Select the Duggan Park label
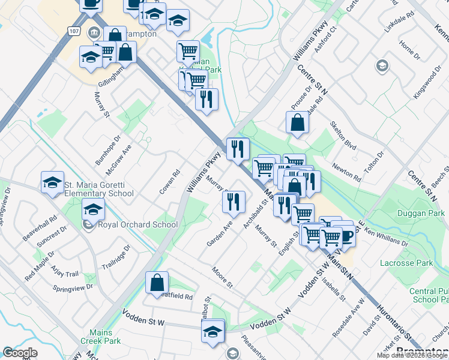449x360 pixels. [421, 214]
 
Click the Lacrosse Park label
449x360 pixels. [406, 263]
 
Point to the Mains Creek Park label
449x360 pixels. [97, 336]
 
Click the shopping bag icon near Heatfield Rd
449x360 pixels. [157, 283]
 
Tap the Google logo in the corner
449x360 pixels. [20, 353]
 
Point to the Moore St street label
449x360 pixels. [221, 277]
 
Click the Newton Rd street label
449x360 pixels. [348, 173]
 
